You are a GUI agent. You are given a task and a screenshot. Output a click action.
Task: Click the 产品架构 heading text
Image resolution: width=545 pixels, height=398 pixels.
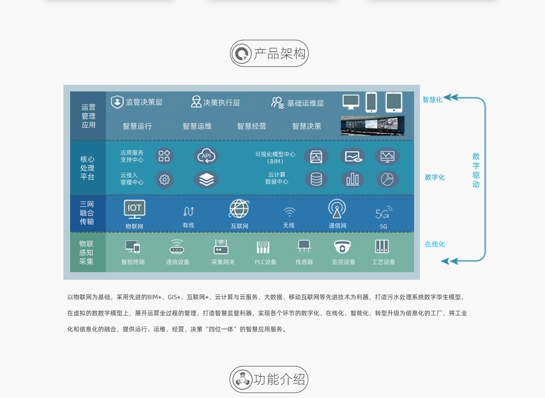point(280,54)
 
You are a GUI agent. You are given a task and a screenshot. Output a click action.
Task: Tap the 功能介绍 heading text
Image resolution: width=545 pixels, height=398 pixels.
point(279,379)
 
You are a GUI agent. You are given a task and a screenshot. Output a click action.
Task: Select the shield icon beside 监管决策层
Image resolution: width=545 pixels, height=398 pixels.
point(117,102)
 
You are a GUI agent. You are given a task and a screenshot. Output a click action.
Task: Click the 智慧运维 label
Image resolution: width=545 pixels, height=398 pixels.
point(197,126)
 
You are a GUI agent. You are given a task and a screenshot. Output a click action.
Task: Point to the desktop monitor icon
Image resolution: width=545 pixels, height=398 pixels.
point(351,102)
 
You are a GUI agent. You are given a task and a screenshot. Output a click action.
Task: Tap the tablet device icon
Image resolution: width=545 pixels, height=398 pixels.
point(394,102)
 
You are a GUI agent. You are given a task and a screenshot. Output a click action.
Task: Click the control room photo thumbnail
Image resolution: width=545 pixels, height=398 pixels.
point(373,126)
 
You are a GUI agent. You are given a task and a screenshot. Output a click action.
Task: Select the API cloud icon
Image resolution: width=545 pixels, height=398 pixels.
point(206,156)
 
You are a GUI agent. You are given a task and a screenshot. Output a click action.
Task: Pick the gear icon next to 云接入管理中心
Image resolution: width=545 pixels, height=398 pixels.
point(164,179)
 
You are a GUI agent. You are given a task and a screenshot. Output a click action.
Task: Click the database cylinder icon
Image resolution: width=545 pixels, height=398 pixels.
point(316,179)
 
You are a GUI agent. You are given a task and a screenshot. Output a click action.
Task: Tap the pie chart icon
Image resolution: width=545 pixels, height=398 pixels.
point(387,179)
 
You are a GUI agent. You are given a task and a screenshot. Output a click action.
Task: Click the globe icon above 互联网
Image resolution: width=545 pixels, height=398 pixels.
point(239,209)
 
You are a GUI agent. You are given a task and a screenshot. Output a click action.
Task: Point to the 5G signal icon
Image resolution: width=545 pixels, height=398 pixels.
point(384,212)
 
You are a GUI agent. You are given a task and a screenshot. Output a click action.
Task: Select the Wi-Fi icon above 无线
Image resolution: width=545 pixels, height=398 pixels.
point(289,212)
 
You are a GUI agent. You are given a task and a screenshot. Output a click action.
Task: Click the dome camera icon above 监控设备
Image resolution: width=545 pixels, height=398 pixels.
point(342,247)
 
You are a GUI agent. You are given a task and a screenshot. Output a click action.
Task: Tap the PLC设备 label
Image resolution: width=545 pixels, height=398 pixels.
point(265,262)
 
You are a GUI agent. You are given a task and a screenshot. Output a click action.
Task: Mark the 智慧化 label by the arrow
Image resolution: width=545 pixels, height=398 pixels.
point(432,99)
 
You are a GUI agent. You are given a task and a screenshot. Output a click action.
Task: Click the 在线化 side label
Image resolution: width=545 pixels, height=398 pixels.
point(435,244)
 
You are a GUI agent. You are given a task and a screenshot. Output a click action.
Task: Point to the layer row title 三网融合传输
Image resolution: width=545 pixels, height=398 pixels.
point(87,213)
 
